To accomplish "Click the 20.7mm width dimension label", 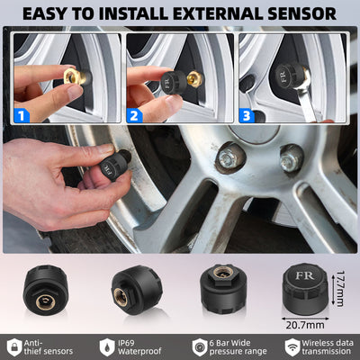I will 304,321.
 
